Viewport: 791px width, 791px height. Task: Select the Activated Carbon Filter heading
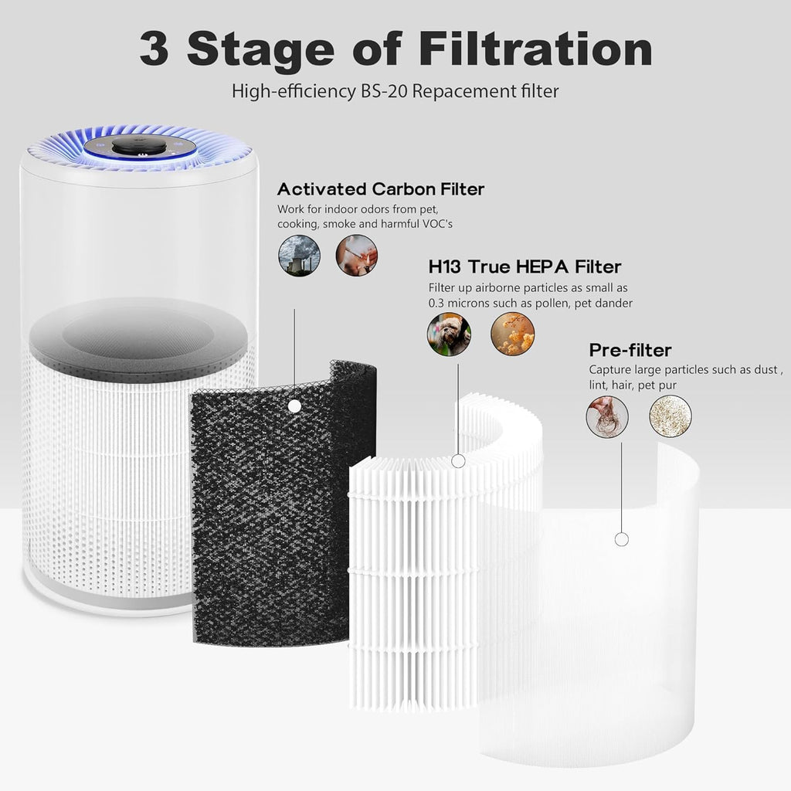(x=381, y=188)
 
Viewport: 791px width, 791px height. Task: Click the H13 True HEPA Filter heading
(x=525, y=267)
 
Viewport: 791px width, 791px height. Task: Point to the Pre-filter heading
(x=630, y=350)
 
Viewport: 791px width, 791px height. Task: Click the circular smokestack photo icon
(x=299, y=255)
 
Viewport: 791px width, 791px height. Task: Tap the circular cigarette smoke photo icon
(x=356, y=255)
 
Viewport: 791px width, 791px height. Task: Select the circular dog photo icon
(x=449, y=334)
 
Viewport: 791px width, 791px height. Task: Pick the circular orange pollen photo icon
(x=512, y=334)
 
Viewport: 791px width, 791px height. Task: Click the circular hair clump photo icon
(x=606, y=416)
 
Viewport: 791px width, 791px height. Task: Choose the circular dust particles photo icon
(x=670, y=416)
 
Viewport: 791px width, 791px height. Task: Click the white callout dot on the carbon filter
(x=294, y=406)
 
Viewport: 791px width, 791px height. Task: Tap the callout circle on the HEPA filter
(x=458, y=461)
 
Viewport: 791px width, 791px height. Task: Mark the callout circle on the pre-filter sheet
(x=621, y=539)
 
